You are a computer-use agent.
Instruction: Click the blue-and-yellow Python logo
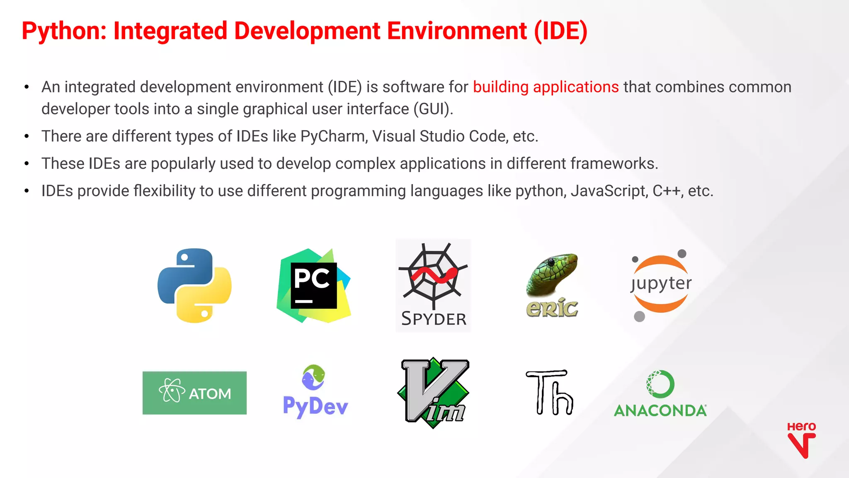194,285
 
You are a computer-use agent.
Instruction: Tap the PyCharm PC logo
314,285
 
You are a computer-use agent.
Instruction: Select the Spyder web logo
433,276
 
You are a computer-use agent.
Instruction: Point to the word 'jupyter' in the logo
661,284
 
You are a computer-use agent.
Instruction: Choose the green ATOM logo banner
194,393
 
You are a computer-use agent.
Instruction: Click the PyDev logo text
315,406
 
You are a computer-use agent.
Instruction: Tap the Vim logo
433,392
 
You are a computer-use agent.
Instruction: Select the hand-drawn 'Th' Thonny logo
550,392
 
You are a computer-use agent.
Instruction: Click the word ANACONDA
660,410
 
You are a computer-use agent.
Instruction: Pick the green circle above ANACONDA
660,384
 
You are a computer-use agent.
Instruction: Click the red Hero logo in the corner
801,440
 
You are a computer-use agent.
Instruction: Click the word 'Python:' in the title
64,31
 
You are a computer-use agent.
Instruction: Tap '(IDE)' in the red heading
560,31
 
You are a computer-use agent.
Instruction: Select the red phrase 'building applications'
546,87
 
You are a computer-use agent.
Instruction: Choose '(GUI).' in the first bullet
433,109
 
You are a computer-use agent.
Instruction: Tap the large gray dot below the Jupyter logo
640,317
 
